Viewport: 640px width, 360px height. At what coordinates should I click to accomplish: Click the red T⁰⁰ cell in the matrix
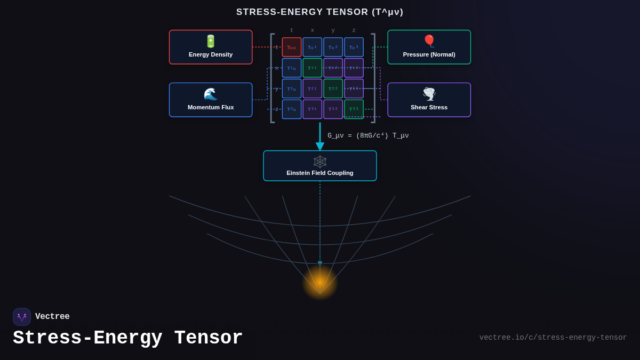292,47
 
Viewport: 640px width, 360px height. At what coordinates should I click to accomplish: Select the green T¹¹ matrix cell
313,68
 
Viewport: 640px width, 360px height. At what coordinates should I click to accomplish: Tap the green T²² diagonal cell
333,89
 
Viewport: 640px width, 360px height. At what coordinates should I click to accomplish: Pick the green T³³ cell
354,109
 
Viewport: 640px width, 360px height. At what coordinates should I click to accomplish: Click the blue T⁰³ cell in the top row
354,47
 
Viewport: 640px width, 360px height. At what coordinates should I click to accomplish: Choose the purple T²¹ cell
313,89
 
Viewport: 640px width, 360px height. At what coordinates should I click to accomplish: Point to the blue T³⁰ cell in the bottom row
292,109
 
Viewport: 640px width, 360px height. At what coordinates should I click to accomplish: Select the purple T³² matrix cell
333,109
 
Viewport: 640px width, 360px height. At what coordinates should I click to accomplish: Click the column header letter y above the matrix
333,30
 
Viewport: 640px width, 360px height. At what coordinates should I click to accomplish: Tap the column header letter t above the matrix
292,30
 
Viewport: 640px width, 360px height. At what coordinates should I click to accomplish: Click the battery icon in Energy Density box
211,41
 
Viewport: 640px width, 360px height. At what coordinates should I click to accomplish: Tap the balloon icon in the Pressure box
429,41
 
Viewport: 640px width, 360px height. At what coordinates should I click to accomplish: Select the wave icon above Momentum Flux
211,94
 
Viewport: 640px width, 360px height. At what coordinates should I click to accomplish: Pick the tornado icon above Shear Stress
429,94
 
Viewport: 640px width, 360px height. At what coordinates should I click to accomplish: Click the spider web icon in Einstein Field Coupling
320,162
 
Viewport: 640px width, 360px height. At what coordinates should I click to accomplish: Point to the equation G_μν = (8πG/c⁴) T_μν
368,136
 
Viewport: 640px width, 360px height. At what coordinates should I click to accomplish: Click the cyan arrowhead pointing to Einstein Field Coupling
320,146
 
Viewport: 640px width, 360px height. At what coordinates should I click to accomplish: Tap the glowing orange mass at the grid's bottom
320,282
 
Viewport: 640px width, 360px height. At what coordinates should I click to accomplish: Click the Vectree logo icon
22,317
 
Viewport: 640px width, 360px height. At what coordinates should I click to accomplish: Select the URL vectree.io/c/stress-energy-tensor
553,338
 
